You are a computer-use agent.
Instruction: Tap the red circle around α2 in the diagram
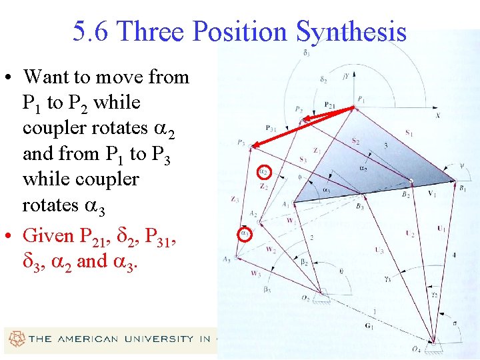(264, 172)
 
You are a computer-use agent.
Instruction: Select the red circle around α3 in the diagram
(246, 234)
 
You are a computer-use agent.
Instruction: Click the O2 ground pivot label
(324, 298)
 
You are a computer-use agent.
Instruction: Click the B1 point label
(462, 189)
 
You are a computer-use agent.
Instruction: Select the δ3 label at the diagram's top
(306, 53)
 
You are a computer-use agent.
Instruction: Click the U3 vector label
(379, 250)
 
